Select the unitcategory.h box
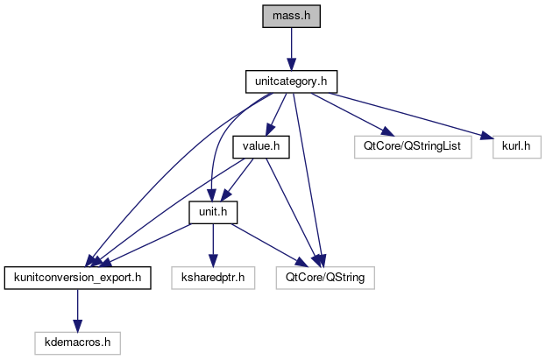click(290, 82)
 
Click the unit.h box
click(213, 213)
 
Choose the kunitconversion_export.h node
click(79, 279)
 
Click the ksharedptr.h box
click(213, 279)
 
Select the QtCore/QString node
click(325, 279)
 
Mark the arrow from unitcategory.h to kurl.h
click(412, 115)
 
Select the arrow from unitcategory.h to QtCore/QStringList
click(351, 114)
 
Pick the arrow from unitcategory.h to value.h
click(276, 115)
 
